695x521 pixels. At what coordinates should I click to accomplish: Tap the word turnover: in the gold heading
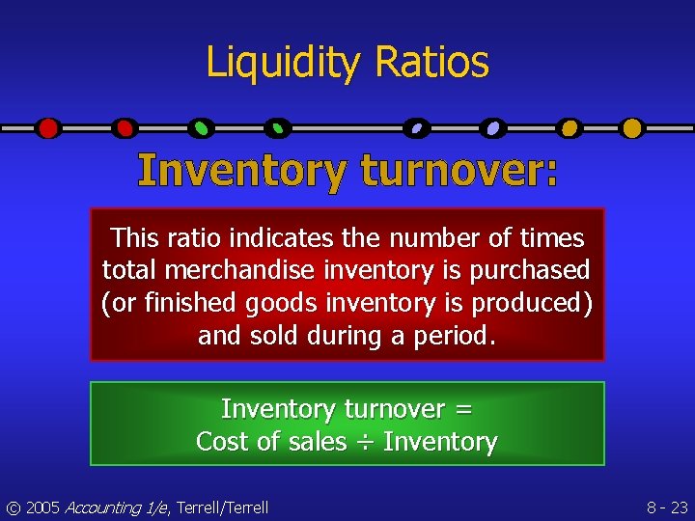coord(459,172)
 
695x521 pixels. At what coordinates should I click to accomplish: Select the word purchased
coord(530,270)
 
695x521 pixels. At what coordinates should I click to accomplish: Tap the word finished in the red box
coord(189,303)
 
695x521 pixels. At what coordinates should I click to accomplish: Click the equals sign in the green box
coord(463,409)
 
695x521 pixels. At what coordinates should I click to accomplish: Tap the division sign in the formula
coord(365,443)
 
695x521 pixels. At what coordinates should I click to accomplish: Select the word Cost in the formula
coord(217,442)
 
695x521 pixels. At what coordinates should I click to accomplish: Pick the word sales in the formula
coord(318,442)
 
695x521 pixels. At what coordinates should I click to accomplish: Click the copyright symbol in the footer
coord(13,507)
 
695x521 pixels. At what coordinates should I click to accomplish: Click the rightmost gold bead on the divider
coord(631,127)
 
